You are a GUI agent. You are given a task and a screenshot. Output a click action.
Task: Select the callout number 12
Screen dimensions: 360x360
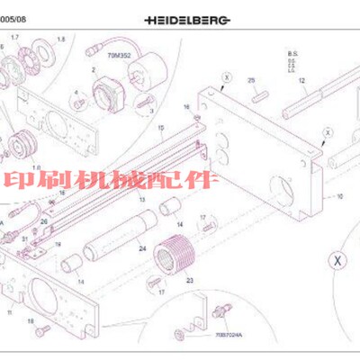tap(302, 80)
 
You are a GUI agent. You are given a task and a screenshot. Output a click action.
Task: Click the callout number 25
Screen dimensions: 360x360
tap(252, 80)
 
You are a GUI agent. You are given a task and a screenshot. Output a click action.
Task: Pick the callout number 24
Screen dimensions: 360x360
tap(142, 247)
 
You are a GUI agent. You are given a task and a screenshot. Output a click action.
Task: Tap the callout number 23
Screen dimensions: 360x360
tap(190, 281)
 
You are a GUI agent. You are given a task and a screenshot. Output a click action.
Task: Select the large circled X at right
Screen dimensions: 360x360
tap(337, 261)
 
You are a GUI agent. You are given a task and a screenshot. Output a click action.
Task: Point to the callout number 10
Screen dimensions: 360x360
tap(340, 195)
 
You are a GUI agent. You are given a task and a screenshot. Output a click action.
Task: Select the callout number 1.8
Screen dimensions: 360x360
tap(61, 40)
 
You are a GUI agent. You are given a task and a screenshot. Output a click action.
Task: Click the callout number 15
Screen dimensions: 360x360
tap(160, 129)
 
